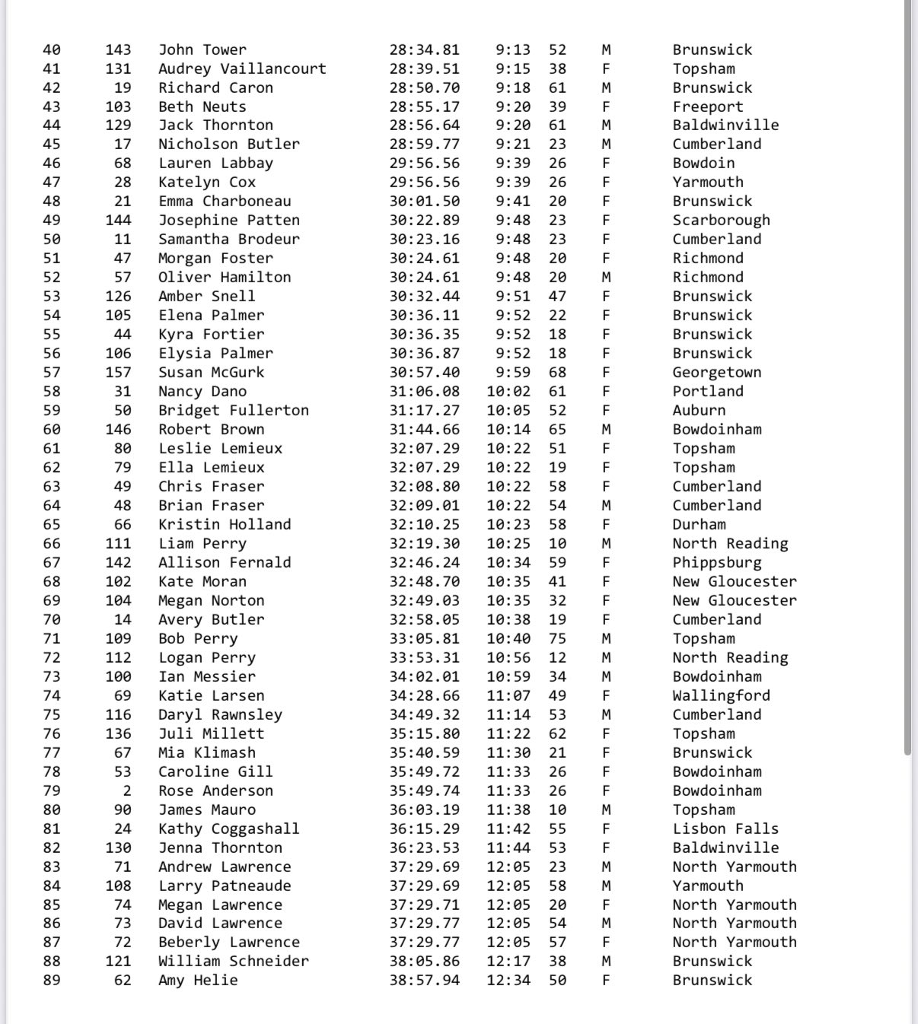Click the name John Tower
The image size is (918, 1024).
click(202, 50)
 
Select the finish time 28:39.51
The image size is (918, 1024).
click(424, 69)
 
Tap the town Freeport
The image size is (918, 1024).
click(707, 107)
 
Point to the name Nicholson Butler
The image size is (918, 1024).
click(228, 145)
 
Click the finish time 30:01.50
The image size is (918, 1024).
click(424, 202)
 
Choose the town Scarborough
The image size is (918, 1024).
click(720, 221)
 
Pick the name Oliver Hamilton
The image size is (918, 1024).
click(225, 278)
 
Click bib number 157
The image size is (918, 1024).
click(118, 373)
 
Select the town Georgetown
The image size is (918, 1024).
click(716, 373)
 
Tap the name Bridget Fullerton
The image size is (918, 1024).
click(233, 411)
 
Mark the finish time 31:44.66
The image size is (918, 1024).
click(424, 430)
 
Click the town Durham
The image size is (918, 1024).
click(699, 525)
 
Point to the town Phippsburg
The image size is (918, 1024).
click(716, 563)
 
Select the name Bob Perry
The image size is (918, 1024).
click(198, 639)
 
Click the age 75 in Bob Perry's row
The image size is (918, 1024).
click(557, 639)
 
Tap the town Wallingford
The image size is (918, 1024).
click(720, 696)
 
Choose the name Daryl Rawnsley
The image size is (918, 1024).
click(220, 715)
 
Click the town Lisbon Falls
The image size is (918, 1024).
click(725, 829)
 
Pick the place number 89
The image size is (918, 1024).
click(51, 981)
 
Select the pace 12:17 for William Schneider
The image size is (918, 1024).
click(508, 962)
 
